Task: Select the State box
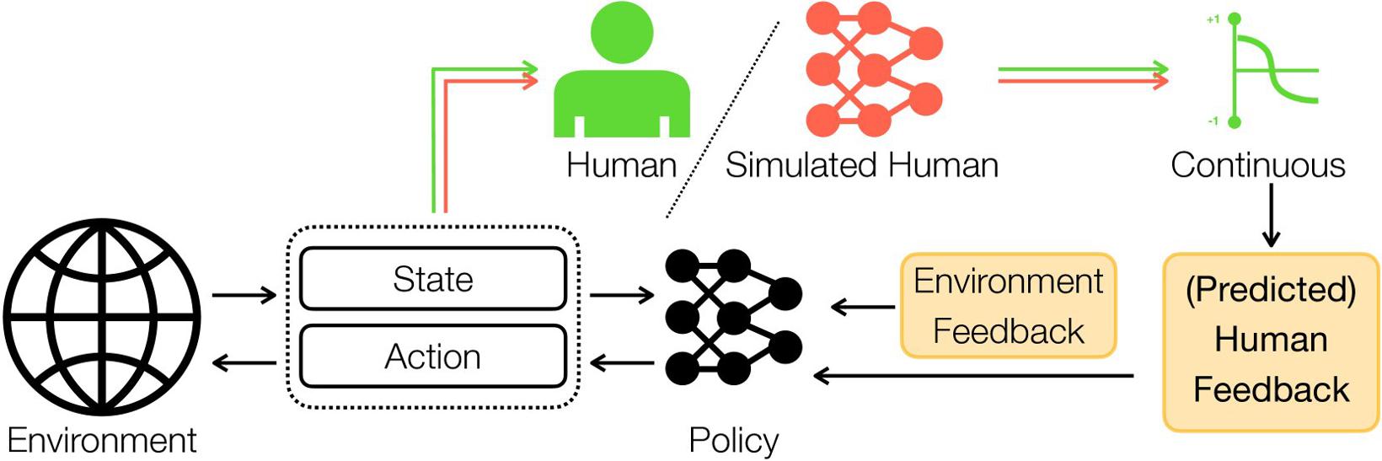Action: pyautogui.click(x=432, y=279)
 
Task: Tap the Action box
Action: pyautogui.click(x=432, y=356)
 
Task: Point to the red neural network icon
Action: pyautogui.click(x=873, y=69)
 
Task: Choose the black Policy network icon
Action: pyautogui.click(x=733, y=317)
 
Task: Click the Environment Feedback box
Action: pyautogui.click(x=1008, y=305)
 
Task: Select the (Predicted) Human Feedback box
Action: pyautogui.click(x=1271, y=341)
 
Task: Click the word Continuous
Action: pyautogui.click(x=1257, y=165)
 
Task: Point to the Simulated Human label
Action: pyautogui.click(x=861, y=165)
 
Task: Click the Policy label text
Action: pyautogui.click(x=733, y=440)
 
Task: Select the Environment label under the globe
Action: pyautogui.click(x=102, y=440)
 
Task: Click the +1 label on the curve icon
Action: pyautogui.click(x=1213, y=19)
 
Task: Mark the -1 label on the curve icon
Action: pyautogui.click(x=1213, y=121)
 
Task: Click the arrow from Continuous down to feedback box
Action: pyautogui.click(x=1271, y=215)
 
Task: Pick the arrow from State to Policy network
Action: pyautogui.click(x=622, y=295)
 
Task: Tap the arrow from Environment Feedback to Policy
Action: pyautogui.click(x=863, y=307)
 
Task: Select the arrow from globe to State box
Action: pyautogui.click(x=244, y=295)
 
